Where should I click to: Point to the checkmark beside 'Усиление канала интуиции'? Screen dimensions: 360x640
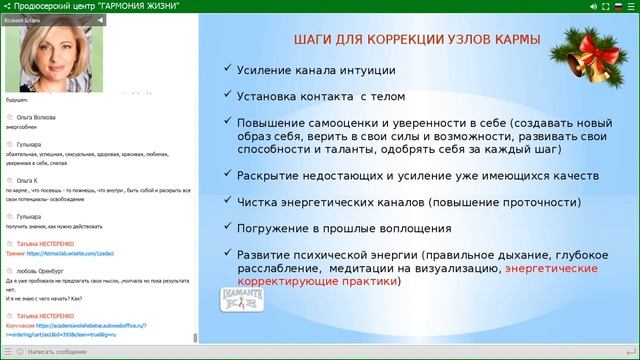pos(227,71)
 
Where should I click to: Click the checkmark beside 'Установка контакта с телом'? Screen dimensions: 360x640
pos(227,97)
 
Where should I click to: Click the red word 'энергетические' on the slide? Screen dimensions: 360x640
pos(551,269)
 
